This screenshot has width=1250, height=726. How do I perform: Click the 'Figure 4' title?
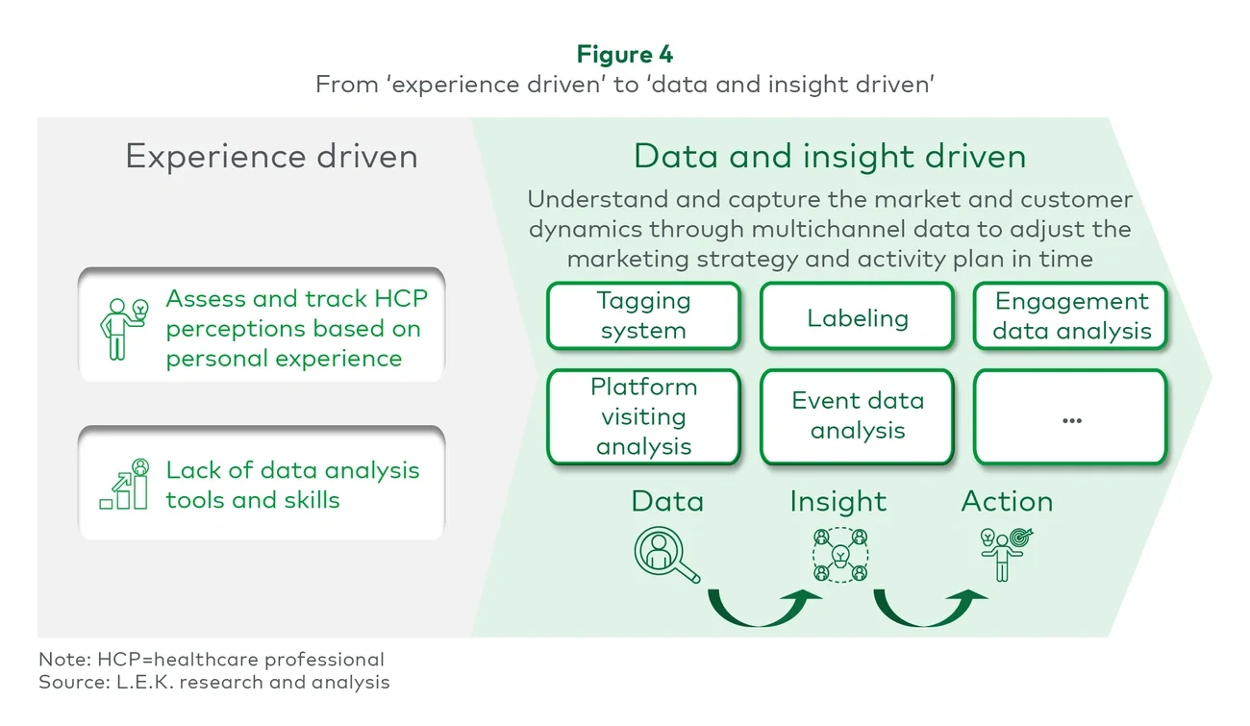[x=625, y=54]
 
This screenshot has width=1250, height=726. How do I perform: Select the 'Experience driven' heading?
[x=271, y=157]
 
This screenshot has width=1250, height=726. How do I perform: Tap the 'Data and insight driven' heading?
[x=829, y=157]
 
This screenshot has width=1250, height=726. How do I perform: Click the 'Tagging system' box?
[x=643, y=315]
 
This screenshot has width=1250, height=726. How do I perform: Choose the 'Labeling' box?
[x=857, y=316]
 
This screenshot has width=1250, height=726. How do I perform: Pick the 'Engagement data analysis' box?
[x=1071, y=315]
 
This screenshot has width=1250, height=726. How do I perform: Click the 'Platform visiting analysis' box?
[x=643, y=416]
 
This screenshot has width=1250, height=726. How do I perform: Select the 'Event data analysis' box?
[x=857, y=415]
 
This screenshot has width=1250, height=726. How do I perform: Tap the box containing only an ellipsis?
[x=1071, y=417]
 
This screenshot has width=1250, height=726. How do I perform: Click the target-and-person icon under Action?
[x=1005, y=552]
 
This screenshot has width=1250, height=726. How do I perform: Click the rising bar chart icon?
[x=125, y=485]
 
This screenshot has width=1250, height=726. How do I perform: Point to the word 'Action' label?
[x=1007, y=501]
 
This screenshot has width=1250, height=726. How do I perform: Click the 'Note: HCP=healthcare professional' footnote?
[x=212, y=660]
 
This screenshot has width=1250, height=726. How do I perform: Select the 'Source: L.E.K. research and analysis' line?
[x=214, y=682]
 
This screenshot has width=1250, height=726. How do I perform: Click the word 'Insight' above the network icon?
[x=837, y=501]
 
